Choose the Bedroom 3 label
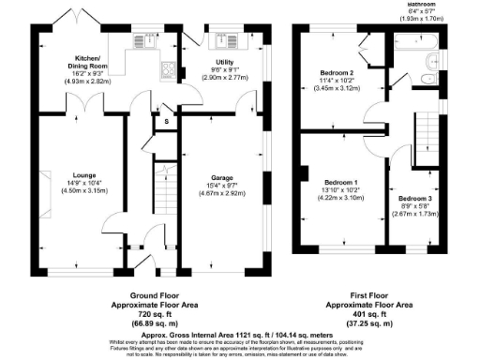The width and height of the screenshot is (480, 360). [x=413, y=200]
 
